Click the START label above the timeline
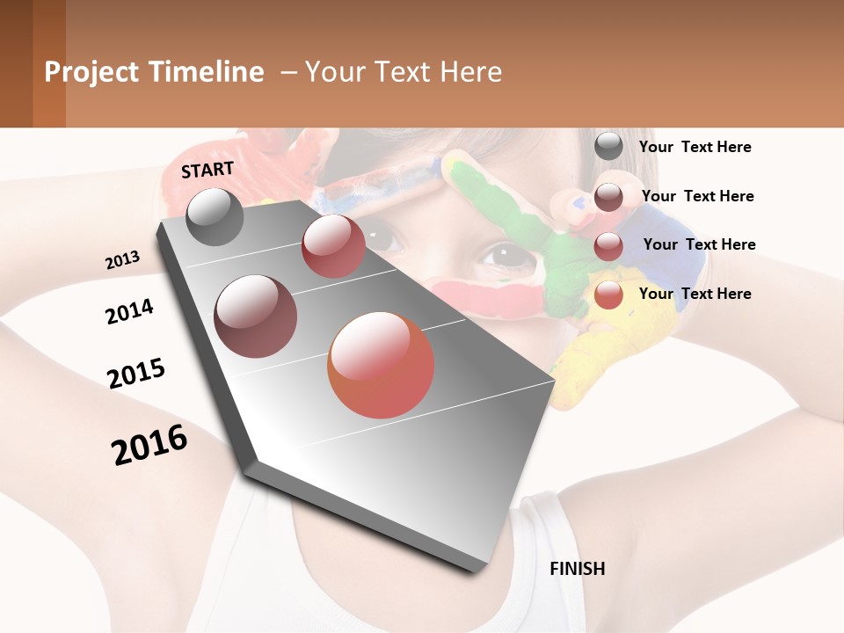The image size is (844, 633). click(207, 170)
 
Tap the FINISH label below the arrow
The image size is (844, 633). click(577, 569)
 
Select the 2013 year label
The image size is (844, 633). click(122, 260)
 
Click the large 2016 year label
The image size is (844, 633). click(149, 445)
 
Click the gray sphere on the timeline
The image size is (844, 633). click(215, 217)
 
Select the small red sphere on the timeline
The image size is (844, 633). click(333, 246)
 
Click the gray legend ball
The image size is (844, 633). click(608, 147)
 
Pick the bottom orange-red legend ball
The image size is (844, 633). click(608, 295)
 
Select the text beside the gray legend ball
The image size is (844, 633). click(695, 147)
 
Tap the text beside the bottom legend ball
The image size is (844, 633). click(695, 294)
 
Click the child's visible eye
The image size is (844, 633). click(504, 255)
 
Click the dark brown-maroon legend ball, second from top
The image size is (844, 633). click(608, 197)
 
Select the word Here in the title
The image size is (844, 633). click(471, 72)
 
